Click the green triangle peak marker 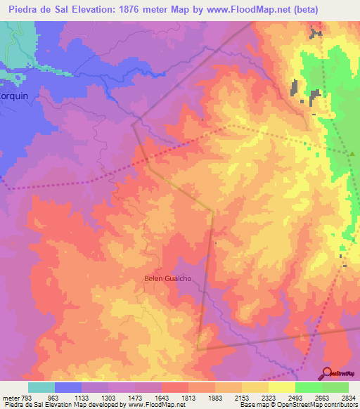click(352, 154)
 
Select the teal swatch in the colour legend click(41, 387)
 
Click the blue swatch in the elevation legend click(67, 387)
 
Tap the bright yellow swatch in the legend click(281, 387)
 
